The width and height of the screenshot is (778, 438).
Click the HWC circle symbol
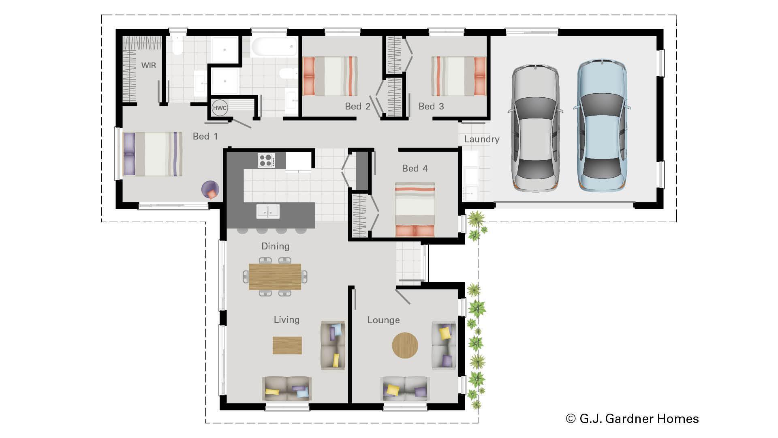[x=220, y=108]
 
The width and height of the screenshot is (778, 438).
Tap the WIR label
[x=148, y=65]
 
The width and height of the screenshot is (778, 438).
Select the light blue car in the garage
[x=601, y=126]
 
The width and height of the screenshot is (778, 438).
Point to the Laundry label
[x=481, y=139]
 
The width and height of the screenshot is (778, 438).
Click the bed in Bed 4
[x=415, y=210]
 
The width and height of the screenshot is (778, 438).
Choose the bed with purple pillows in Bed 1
[x=152, y=154]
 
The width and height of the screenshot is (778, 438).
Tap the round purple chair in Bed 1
[x=211, y=190]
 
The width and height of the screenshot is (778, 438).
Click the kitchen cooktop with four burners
[x=266, y=160]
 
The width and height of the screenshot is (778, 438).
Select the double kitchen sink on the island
[x=268, y=211]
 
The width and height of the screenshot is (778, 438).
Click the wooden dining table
[x=275, y=277]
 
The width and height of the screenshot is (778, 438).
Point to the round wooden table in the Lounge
[x=405, y=346]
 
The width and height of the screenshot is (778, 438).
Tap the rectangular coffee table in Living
[x=287, y=346]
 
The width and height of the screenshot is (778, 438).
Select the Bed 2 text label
[x=357, y=106]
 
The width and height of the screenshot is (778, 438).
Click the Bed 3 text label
[x=431, y=106]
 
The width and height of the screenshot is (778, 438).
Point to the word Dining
[x=275, y=246]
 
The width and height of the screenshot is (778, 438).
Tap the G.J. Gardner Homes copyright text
[x=632, y=419]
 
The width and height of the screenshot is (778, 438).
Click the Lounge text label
[x=383, y=320]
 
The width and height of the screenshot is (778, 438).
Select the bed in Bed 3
[x=459, y=76]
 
